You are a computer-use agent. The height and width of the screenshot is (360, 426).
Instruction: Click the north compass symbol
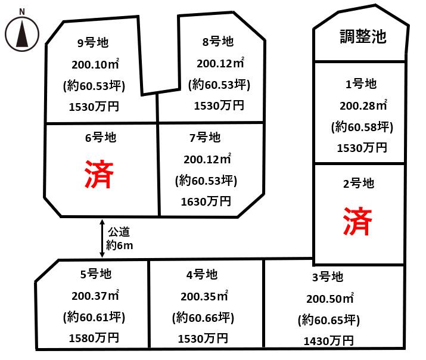21,34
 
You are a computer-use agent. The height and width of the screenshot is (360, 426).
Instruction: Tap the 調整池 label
363,36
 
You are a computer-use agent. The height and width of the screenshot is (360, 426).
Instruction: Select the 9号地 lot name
93,43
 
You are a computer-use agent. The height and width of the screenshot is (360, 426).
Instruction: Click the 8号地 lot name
218,42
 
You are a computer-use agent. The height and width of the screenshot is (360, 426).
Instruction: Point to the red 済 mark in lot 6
99,174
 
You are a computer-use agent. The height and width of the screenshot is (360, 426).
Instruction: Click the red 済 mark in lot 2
357,221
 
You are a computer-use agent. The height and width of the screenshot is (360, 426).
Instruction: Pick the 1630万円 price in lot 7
206,201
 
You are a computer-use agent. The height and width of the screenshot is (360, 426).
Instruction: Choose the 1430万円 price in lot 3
328,341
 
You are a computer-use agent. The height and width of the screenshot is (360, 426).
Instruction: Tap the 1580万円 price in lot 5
94,338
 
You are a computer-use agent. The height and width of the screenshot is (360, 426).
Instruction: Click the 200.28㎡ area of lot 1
363,105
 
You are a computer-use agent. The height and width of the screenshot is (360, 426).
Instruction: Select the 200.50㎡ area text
330,299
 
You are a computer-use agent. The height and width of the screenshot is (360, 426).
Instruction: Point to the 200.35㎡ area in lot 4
204,296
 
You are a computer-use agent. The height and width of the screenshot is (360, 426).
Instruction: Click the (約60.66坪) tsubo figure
203,318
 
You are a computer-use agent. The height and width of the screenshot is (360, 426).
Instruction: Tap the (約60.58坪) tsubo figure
362,127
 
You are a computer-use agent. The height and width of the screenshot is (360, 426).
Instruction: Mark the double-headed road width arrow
102,238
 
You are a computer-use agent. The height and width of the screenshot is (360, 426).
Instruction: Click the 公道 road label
119,232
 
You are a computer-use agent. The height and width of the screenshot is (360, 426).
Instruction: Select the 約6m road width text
120,246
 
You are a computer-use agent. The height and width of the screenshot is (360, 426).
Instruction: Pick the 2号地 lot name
359,184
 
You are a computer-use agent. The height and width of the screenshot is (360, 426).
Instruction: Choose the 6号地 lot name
101,138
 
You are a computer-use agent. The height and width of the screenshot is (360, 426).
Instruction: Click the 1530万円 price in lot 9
94,107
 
